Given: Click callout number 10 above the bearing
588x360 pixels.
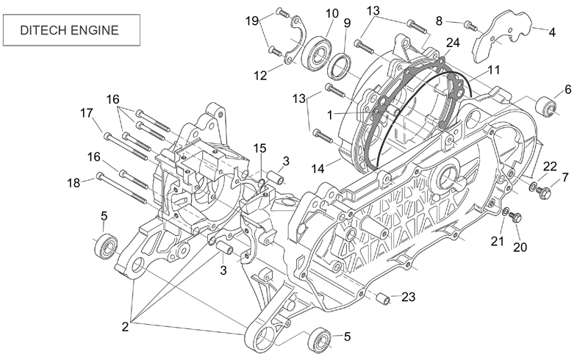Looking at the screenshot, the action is coord(332,13).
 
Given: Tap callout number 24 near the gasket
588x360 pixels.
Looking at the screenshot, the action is coord(453,43).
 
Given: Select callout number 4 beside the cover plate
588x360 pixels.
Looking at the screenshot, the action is coord(552,32).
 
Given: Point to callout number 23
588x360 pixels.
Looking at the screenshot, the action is coord(409,297).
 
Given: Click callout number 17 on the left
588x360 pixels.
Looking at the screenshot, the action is coord(87,112).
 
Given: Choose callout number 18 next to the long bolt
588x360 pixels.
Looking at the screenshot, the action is coord(73,183).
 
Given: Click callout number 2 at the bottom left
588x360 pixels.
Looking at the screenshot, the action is coord(125,327).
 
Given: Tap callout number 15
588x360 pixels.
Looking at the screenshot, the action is coord(259,148).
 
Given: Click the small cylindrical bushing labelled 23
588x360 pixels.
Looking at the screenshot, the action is coord(382,298).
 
